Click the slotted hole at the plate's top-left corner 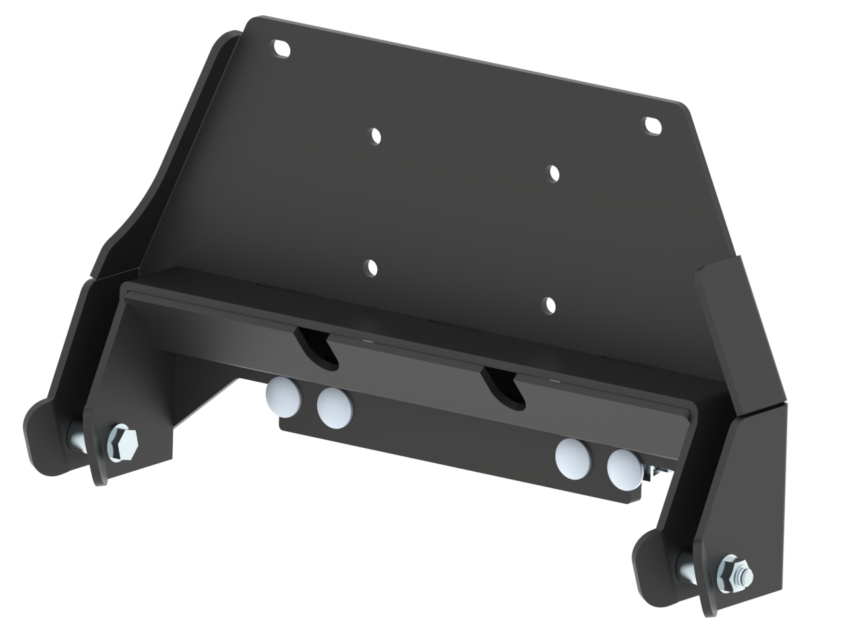pos(282,49)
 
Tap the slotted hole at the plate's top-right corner pos(652,125)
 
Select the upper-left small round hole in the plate pos(375,136)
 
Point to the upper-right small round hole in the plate pos(555,172)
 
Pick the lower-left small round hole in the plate pos(371,268)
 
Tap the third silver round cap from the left pos(573,456)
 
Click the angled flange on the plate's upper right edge pos(722,316)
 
